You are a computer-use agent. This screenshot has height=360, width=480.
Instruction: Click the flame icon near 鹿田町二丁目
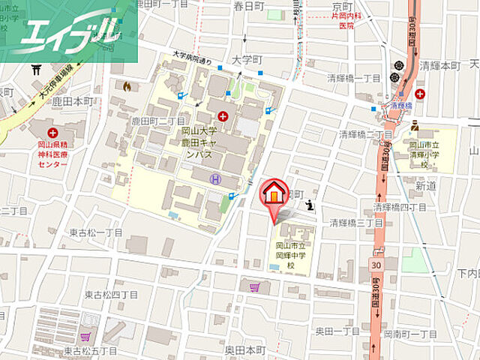pos(126,86)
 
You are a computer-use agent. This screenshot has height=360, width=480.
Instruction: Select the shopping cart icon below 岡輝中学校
pos(256,286)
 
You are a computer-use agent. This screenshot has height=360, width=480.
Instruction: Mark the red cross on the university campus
pos(222,116)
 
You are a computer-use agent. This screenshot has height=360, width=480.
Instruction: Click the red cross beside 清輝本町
pos(419,94)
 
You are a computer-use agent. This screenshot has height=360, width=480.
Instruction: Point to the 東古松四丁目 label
pos(111,295)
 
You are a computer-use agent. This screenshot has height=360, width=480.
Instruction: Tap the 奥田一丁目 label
pos(336,331)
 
